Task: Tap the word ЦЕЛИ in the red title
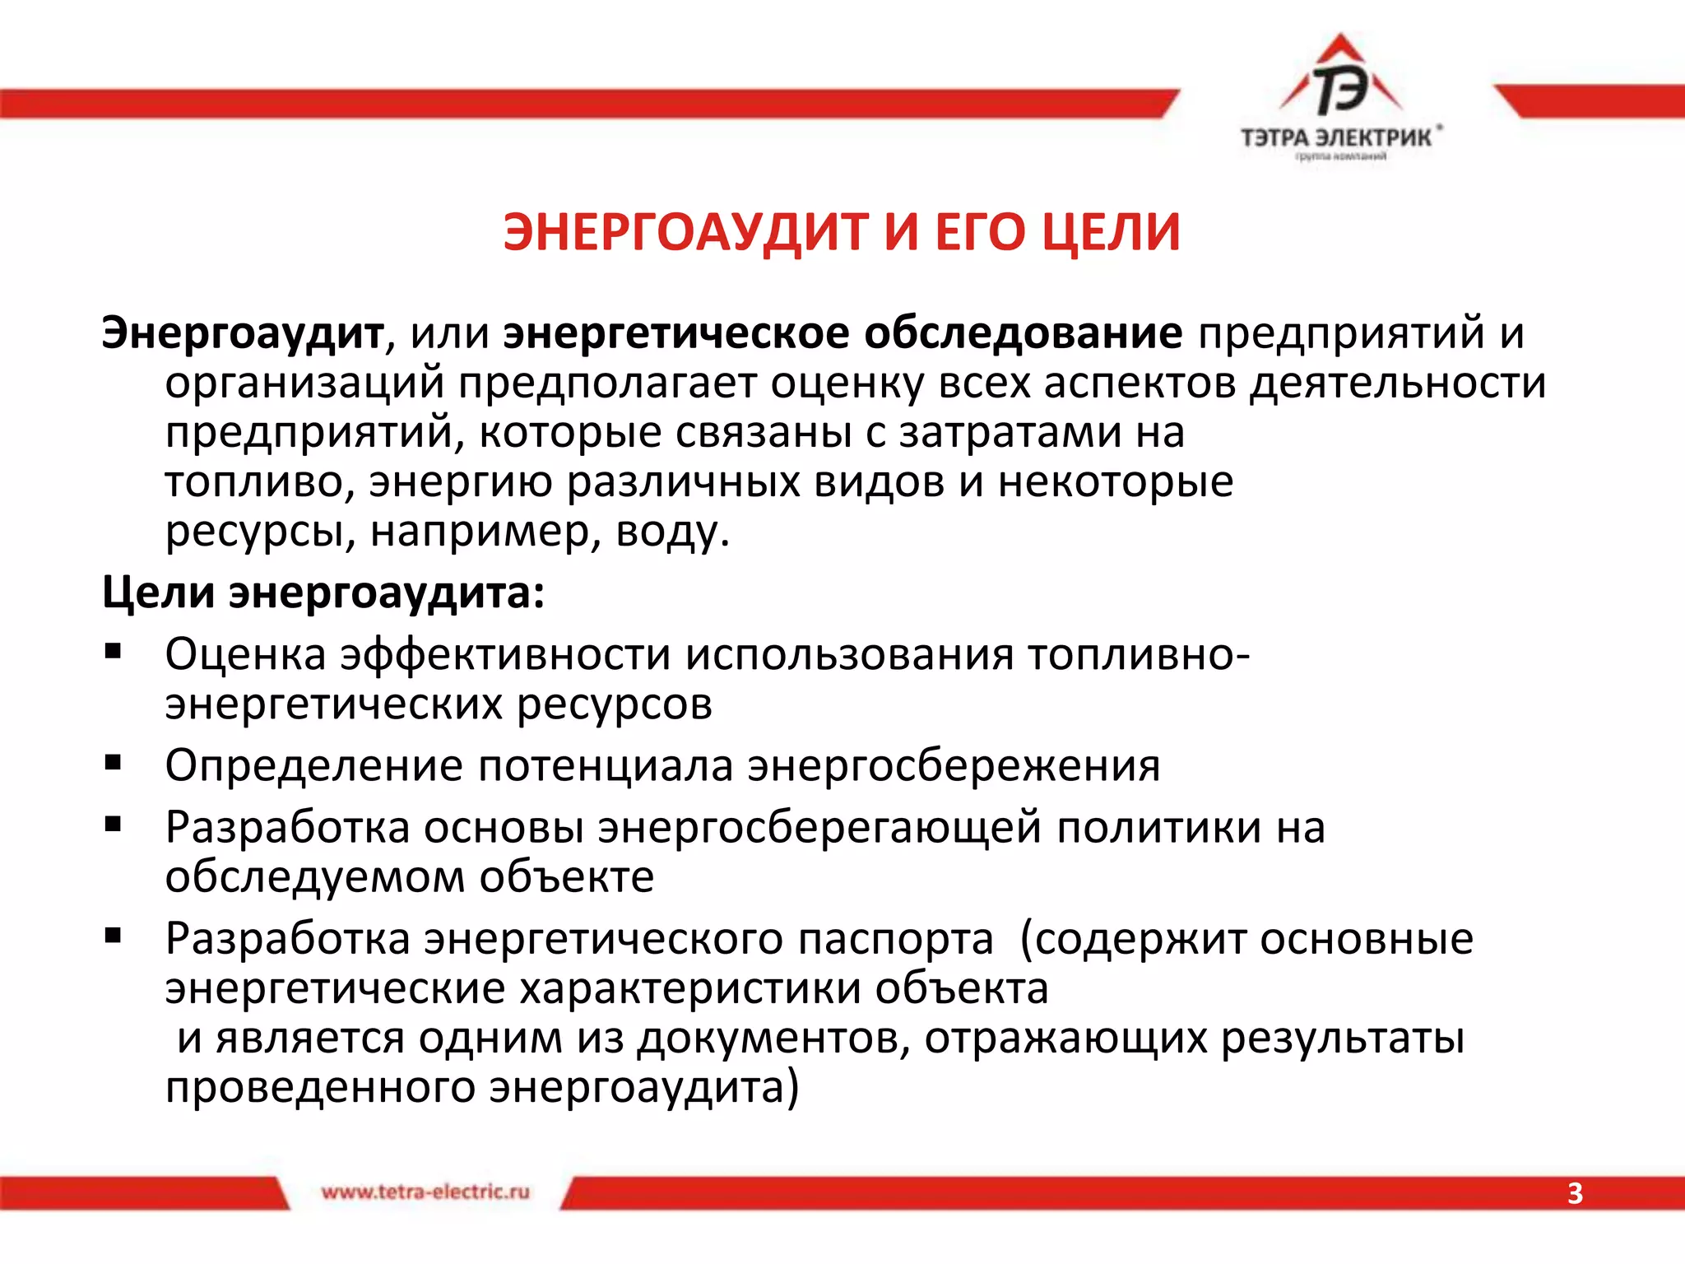1111,232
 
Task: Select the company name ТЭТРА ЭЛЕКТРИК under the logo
1337,137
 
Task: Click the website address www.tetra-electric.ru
425,1192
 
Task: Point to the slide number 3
1574,1193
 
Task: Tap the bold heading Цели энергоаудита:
323,592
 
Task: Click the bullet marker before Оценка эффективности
113,653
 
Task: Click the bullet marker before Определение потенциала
113,763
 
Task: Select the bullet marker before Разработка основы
113,825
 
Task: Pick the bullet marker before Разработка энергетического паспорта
113,936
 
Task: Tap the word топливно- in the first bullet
1138,656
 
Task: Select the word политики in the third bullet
1158,828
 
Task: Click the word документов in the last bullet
773,1039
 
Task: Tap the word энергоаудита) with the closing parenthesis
644,1088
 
